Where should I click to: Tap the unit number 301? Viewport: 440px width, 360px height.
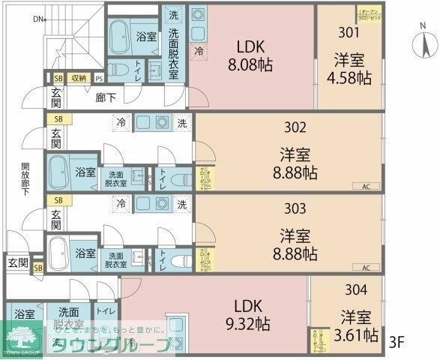347,32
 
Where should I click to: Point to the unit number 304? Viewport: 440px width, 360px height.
357,289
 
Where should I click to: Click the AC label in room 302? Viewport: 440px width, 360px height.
366,186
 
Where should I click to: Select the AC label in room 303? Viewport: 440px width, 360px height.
366,268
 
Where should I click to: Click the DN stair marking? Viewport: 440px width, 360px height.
38,19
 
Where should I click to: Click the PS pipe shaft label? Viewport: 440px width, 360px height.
99,78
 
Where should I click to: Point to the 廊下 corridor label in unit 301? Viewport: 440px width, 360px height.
106,97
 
